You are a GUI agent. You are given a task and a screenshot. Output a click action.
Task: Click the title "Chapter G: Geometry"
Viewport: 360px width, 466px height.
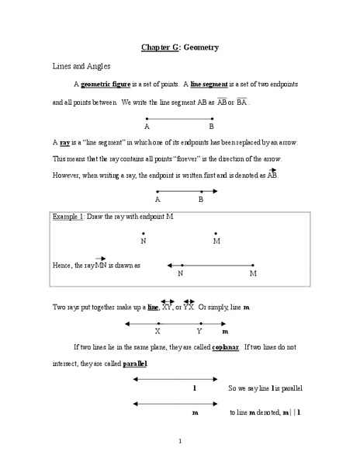coord(179,48)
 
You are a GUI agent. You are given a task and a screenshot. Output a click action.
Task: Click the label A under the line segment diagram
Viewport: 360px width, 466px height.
coord(147,125)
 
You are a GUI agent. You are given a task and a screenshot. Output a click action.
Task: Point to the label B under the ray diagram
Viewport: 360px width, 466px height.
coord(200,200)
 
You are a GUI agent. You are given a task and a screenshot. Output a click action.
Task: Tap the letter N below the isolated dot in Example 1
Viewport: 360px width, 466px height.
coord(144,241)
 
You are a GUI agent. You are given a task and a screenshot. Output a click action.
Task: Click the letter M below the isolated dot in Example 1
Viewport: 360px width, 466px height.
coord(216,241)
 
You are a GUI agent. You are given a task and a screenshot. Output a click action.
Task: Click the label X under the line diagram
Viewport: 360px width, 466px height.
coord(158,331)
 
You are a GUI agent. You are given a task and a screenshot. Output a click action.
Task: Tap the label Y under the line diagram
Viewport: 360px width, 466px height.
coord(199,331)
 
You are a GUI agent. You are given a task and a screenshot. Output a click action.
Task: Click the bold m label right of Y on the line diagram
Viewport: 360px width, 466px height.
coord(225,331)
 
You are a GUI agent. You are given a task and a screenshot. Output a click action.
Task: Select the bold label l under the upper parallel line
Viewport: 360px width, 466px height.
coord(193,386)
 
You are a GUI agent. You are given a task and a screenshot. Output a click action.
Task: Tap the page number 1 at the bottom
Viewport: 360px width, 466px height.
coord(179,443)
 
